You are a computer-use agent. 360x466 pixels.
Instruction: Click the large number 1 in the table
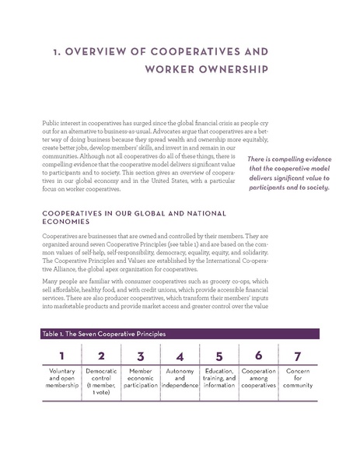point(61,357)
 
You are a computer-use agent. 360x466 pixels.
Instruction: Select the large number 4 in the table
point(180,357)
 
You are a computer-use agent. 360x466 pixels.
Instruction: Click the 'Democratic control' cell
point(101,382)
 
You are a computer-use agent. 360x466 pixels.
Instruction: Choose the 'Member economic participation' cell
point(140,382)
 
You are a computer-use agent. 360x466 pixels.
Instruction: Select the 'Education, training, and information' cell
point(219,382)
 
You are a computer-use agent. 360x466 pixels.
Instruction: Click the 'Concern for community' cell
point(298,382)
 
